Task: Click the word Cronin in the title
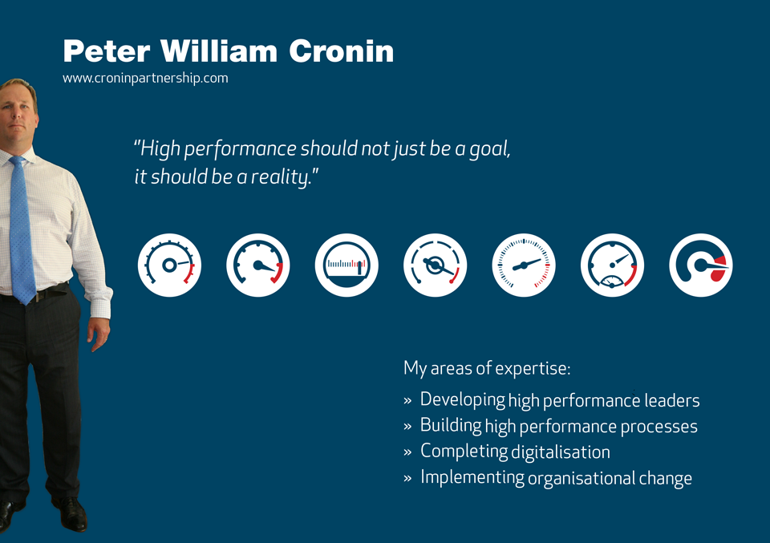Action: point(342,51)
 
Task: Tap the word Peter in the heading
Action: point(107,51)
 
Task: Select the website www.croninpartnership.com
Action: point(145,78)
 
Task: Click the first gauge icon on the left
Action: point(169,265)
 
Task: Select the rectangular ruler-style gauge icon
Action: point(346,265)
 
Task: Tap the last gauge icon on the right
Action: point(701,265)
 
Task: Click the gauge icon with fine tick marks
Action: point(524,265)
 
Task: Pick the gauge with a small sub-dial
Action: point(612,265)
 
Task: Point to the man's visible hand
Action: point(99,334)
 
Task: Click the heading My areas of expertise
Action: point(487,368)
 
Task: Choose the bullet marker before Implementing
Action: point(407,478)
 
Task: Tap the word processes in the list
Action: point(659,427)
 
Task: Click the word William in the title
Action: point(219,51)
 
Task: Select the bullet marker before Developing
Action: point(407,400)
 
